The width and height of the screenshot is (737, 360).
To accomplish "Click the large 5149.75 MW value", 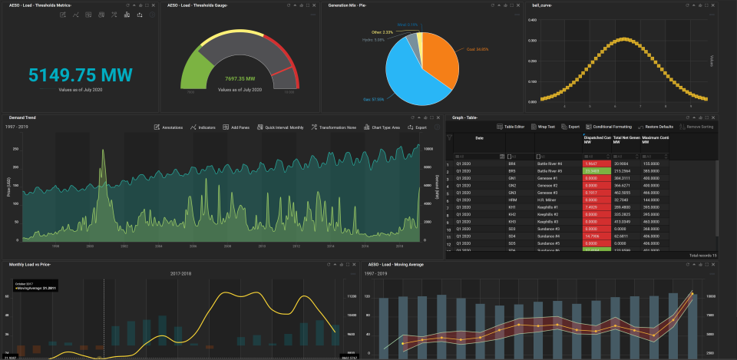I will tap(80, 74).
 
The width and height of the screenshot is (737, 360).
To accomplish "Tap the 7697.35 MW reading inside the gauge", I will tap(240, 78).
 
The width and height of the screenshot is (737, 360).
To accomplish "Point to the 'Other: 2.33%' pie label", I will tap(382, 31).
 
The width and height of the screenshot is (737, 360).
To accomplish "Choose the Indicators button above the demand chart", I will tap(203, 127).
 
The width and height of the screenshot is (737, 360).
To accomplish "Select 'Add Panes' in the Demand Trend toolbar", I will tap(236, 127).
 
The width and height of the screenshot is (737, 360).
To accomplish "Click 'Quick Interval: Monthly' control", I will tap(282, 127).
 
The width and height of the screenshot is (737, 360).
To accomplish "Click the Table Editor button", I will tap(511, 126).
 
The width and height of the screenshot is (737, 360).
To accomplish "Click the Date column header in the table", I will tap(480, 138).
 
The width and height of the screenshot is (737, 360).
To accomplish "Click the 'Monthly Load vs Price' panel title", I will tap(30, 264).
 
